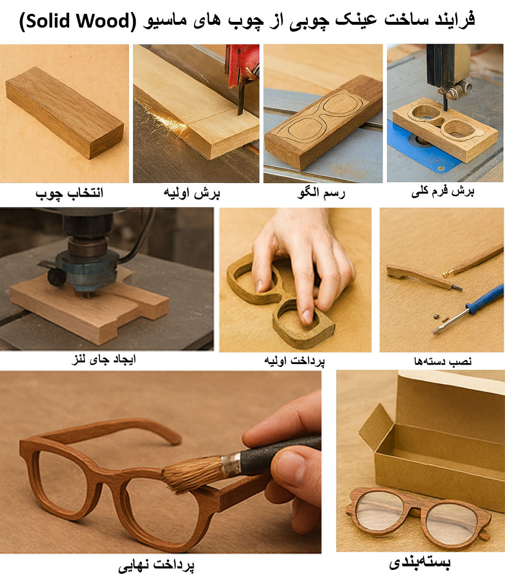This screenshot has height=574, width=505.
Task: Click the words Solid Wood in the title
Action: click(x=77, y=21)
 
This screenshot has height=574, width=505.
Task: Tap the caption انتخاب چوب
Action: click(x=69, y=193)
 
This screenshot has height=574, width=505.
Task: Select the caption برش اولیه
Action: click(x=192, y=193)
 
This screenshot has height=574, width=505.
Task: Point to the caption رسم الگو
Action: click(x=321, y=193)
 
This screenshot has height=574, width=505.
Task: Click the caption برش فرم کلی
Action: click(x=443, y=192)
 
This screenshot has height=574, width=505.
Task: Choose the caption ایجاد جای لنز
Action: click(x=104, y=359)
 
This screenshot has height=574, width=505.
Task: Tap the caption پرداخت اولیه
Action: click(x=294, y=361)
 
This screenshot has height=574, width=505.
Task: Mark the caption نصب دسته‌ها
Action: click(x=443, y=361)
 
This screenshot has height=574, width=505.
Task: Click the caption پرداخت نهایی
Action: click(x=156, y=565)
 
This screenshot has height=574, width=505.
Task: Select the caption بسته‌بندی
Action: click(x=420, y=562)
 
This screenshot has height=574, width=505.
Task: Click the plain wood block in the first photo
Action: click(x=64, y=112)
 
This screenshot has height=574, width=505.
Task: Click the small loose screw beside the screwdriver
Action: click(x=436, y=316)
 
